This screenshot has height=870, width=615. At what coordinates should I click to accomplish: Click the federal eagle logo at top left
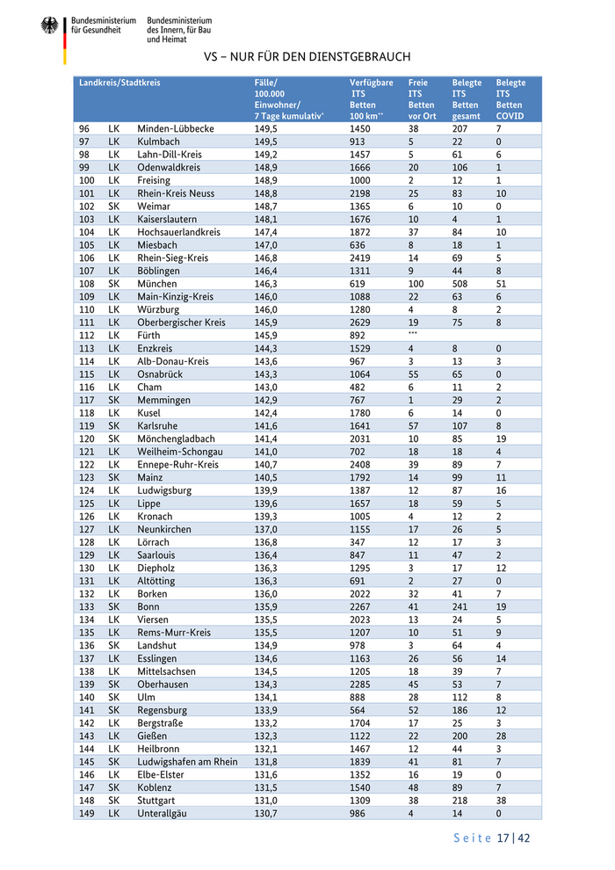click(x=49, y=25)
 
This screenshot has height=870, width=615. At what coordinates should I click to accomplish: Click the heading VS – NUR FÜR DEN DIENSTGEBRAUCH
click(x=307, y=57)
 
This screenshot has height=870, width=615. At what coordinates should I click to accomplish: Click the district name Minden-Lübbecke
click(x=176, y=128)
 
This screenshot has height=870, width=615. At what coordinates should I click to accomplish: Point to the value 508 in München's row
click(x=461, y=284)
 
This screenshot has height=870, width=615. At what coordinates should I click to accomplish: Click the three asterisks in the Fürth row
click(x=413, y=335)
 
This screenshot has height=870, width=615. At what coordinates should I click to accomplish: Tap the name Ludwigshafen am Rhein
click(x=187, y=761)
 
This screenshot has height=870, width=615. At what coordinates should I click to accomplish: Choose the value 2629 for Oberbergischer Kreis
click(x=361, y=323)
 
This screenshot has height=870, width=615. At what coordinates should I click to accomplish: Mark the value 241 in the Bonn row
click(x=461, y=606)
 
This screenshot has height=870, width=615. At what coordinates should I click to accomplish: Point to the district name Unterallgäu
click(x=163, y=813)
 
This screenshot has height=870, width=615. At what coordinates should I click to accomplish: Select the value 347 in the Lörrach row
click(x=358, y=541)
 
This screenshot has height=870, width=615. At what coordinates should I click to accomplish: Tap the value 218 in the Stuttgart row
click(x=461, y=800)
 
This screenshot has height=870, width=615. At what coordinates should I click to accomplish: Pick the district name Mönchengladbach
click(x=176, y=439)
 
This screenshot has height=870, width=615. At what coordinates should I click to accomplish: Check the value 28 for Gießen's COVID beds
click(x=501, y=736)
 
